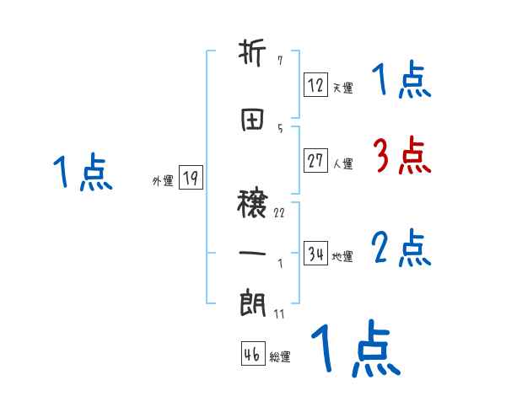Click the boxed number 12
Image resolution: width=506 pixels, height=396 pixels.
coord(315,84)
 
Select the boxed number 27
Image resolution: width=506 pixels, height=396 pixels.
coord(315,162)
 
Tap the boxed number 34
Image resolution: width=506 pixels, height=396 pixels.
coord(315,254)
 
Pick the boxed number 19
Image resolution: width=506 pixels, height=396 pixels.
coord(191,177)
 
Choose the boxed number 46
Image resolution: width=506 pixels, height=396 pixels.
coord(252,355)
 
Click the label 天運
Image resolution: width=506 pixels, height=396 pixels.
coord(342,87)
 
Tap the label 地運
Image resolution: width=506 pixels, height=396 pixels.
coord(342,257)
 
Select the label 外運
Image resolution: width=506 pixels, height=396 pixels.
coord(163,180)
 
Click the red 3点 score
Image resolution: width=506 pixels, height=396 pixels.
coord(401,156)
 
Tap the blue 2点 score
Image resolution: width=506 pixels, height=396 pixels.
coord(401,248)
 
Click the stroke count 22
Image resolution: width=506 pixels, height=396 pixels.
coord(279,212)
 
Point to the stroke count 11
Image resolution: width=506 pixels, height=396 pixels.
coord(279,314)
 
